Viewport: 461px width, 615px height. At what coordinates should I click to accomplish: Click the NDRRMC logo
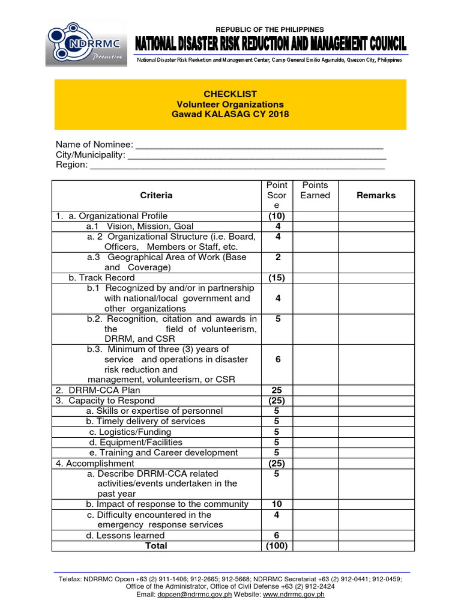(86, 44)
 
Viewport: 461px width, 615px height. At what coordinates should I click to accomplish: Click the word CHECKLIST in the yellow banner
(230, 94)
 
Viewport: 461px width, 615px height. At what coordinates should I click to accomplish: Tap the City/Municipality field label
(91, 155)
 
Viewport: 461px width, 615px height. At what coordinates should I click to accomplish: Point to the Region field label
(71, 165)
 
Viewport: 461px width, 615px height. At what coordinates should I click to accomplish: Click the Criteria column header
(156, 195)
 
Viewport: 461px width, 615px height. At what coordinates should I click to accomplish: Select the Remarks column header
(376, 195)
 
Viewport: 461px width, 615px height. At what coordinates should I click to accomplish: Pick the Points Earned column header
(316, 190)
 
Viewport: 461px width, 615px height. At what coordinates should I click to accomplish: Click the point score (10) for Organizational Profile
(277, 216)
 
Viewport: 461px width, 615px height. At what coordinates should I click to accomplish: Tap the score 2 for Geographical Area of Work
(277, 257)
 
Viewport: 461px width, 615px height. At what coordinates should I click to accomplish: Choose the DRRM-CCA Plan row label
(95, 390)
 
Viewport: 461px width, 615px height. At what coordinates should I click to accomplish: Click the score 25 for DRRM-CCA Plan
(277, 390)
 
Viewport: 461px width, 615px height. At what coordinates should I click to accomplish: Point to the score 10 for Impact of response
(277, 504)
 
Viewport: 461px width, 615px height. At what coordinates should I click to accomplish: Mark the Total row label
(156, 545)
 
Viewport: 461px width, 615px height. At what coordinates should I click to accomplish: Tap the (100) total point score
(277, 545)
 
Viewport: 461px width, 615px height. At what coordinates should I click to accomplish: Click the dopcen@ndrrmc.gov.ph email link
(187, 594)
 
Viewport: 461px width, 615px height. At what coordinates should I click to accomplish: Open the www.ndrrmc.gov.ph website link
(294, 594)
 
